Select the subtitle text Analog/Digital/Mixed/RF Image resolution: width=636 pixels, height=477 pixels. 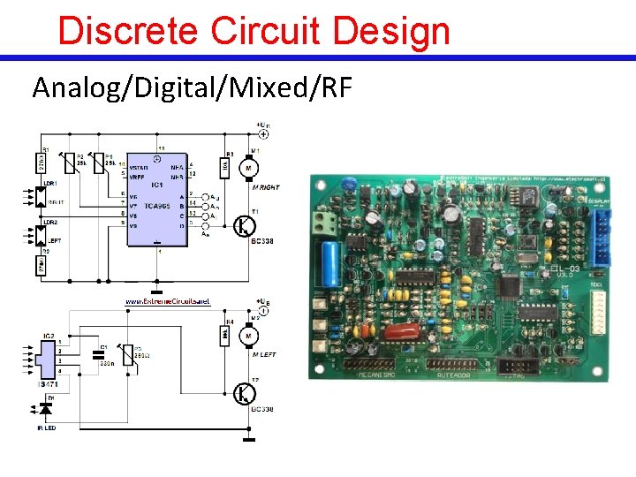192,87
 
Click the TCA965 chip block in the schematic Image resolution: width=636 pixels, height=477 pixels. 155,200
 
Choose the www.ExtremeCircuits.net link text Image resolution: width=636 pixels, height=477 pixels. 168,302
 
